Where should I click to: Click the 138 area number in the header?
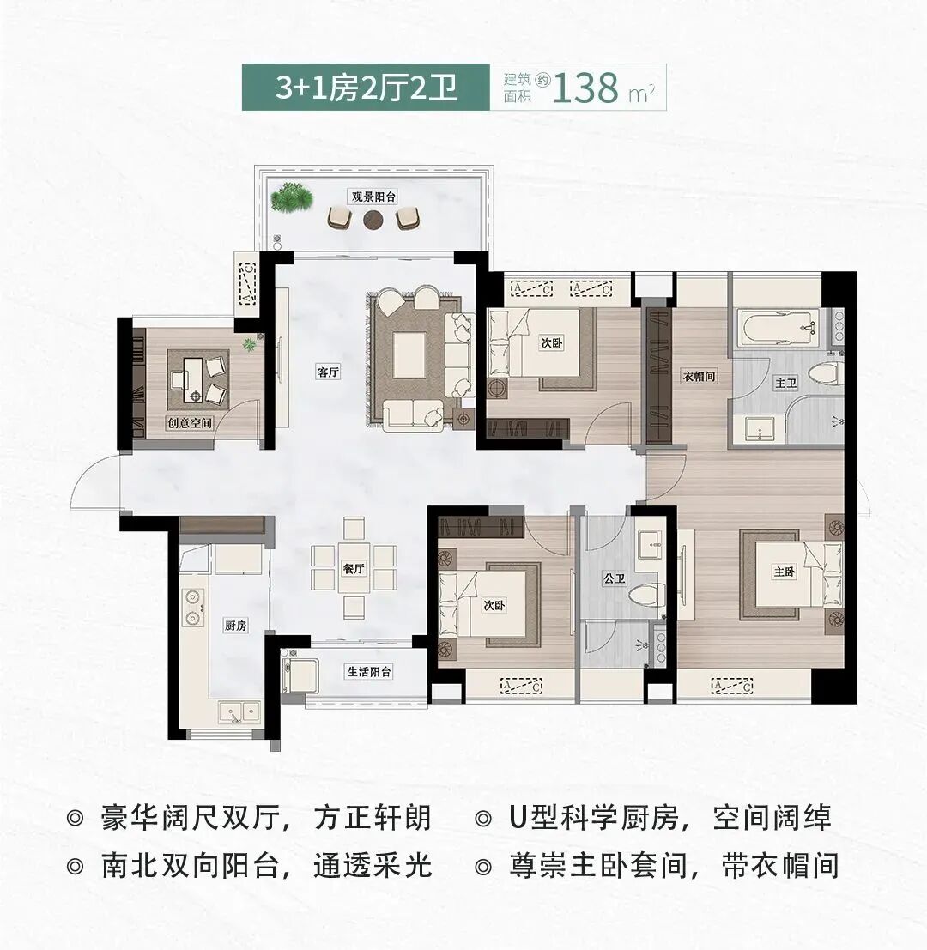(587, 88)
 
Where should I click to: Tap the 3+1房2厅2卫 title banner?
(364, 88)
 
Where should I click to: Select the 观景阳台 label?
(373, 196)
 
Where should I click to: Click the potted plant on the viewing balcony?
(284, 201)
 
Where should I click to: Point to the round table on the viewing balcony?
(373, 220)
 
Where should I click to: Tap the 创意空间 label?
(190, 422)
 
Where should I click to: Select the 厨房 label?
(235, 626)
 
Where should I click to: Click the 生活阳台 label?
(369, 672)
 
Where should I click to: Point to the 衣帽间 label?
(700, 376)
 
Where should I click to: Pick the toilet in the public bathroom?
(645, 594)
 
